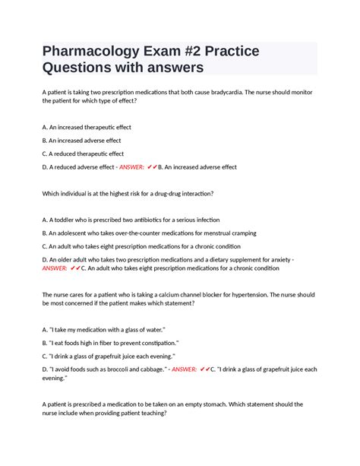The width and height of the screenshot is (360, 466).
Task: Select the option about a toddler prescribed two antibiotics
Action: pyautogui.click(x=131, y=220)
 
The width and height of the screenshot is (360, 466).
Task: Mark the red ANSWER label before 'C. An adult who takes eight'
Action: pyautogui.click(x=55, y=268)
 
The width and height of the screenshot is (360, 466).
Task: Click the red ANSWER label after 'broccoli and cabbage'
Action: pyautogui.click(x=185, y=369)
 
